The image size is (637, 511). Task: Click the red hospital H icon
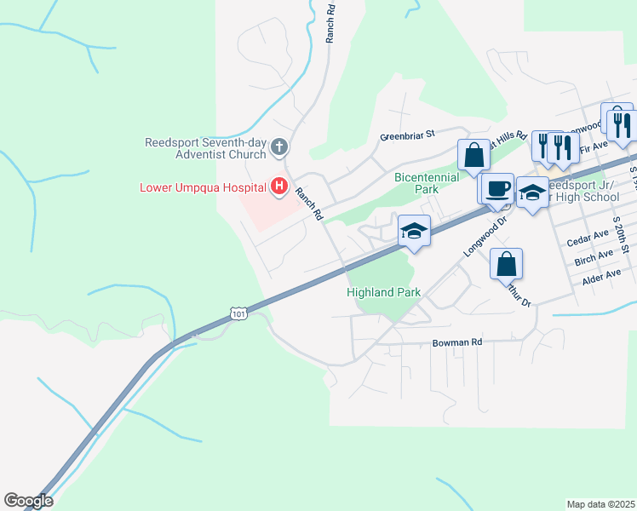[x=278, y=187]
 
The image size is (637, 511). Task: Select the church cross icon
[x=278, y=148]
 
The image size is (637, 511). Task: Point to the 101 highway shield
[x=239, y=314]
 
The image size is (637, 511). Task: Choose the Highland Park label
[x=383, y=292]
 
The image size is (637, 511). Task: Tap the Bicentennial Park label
[x=427, y=183]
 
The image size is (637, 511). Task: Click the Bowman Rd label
[x=457, y=342]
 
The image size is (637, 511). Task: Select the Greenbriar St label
[x=407, y=135]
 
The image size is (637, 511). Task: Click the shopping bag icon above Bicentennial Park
[x=474, y=156]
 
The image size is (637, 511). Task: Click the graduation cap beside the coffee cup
[x=532, y=192]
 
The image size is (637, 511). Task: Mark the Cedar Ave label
[x=588, y=233]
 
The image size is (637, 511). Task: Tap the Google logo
[x=28, y=501]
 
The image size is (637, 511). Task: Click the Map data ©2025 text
[x=600, y=504]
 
